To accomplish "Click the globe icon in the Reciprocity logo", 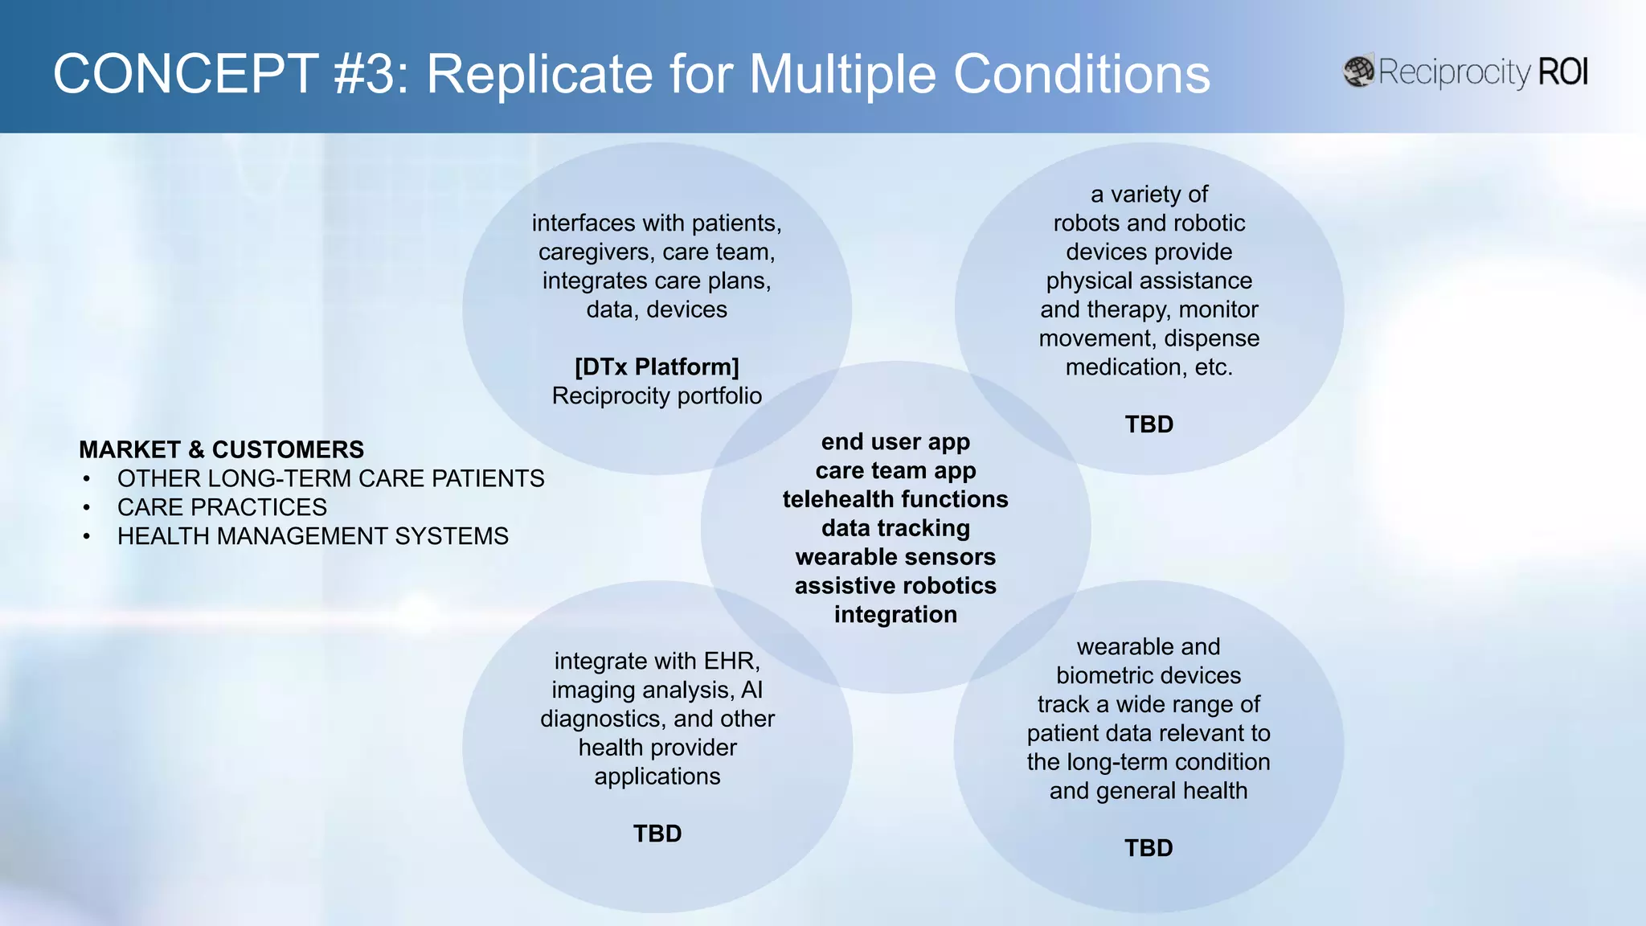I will [x=1359, y=72].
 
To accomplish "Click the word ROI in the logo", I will [x=1562, y=72].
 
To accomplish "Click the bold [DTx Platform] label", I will [x=657, y=367].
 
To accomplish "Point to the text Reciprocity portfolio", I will [x=657, y=396].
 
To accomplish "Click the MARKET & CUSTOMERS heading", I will [x=221, y=449].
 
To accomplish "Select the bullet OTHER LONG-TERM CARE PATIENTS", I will [x=330, y=478].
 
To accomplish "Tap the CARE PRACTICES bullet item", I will [x=222, y=507].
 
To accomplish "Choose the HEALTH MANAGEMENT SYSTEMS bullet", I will [x=313, y=536].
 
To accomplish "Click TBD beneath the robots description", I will [x=1149, y=424].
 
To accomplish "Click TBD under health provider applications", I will [x=657, y=834].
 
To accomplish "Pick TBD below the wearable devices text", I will [x=1149, y=848].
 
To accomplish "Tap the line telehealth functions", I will [x=895, y=499].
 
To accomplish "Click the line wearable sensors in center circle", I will [x=895, y=557].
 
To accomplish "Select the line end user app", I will [x=895, y=442].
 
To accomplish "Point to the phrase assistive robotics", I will [x=895, y=586].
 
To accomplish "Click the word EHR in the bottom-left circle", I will [x=730, y=662].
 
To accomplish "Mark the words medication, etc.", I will [x=1149, y=367].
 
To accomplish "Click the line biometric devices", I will [x=1149, y=676].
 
